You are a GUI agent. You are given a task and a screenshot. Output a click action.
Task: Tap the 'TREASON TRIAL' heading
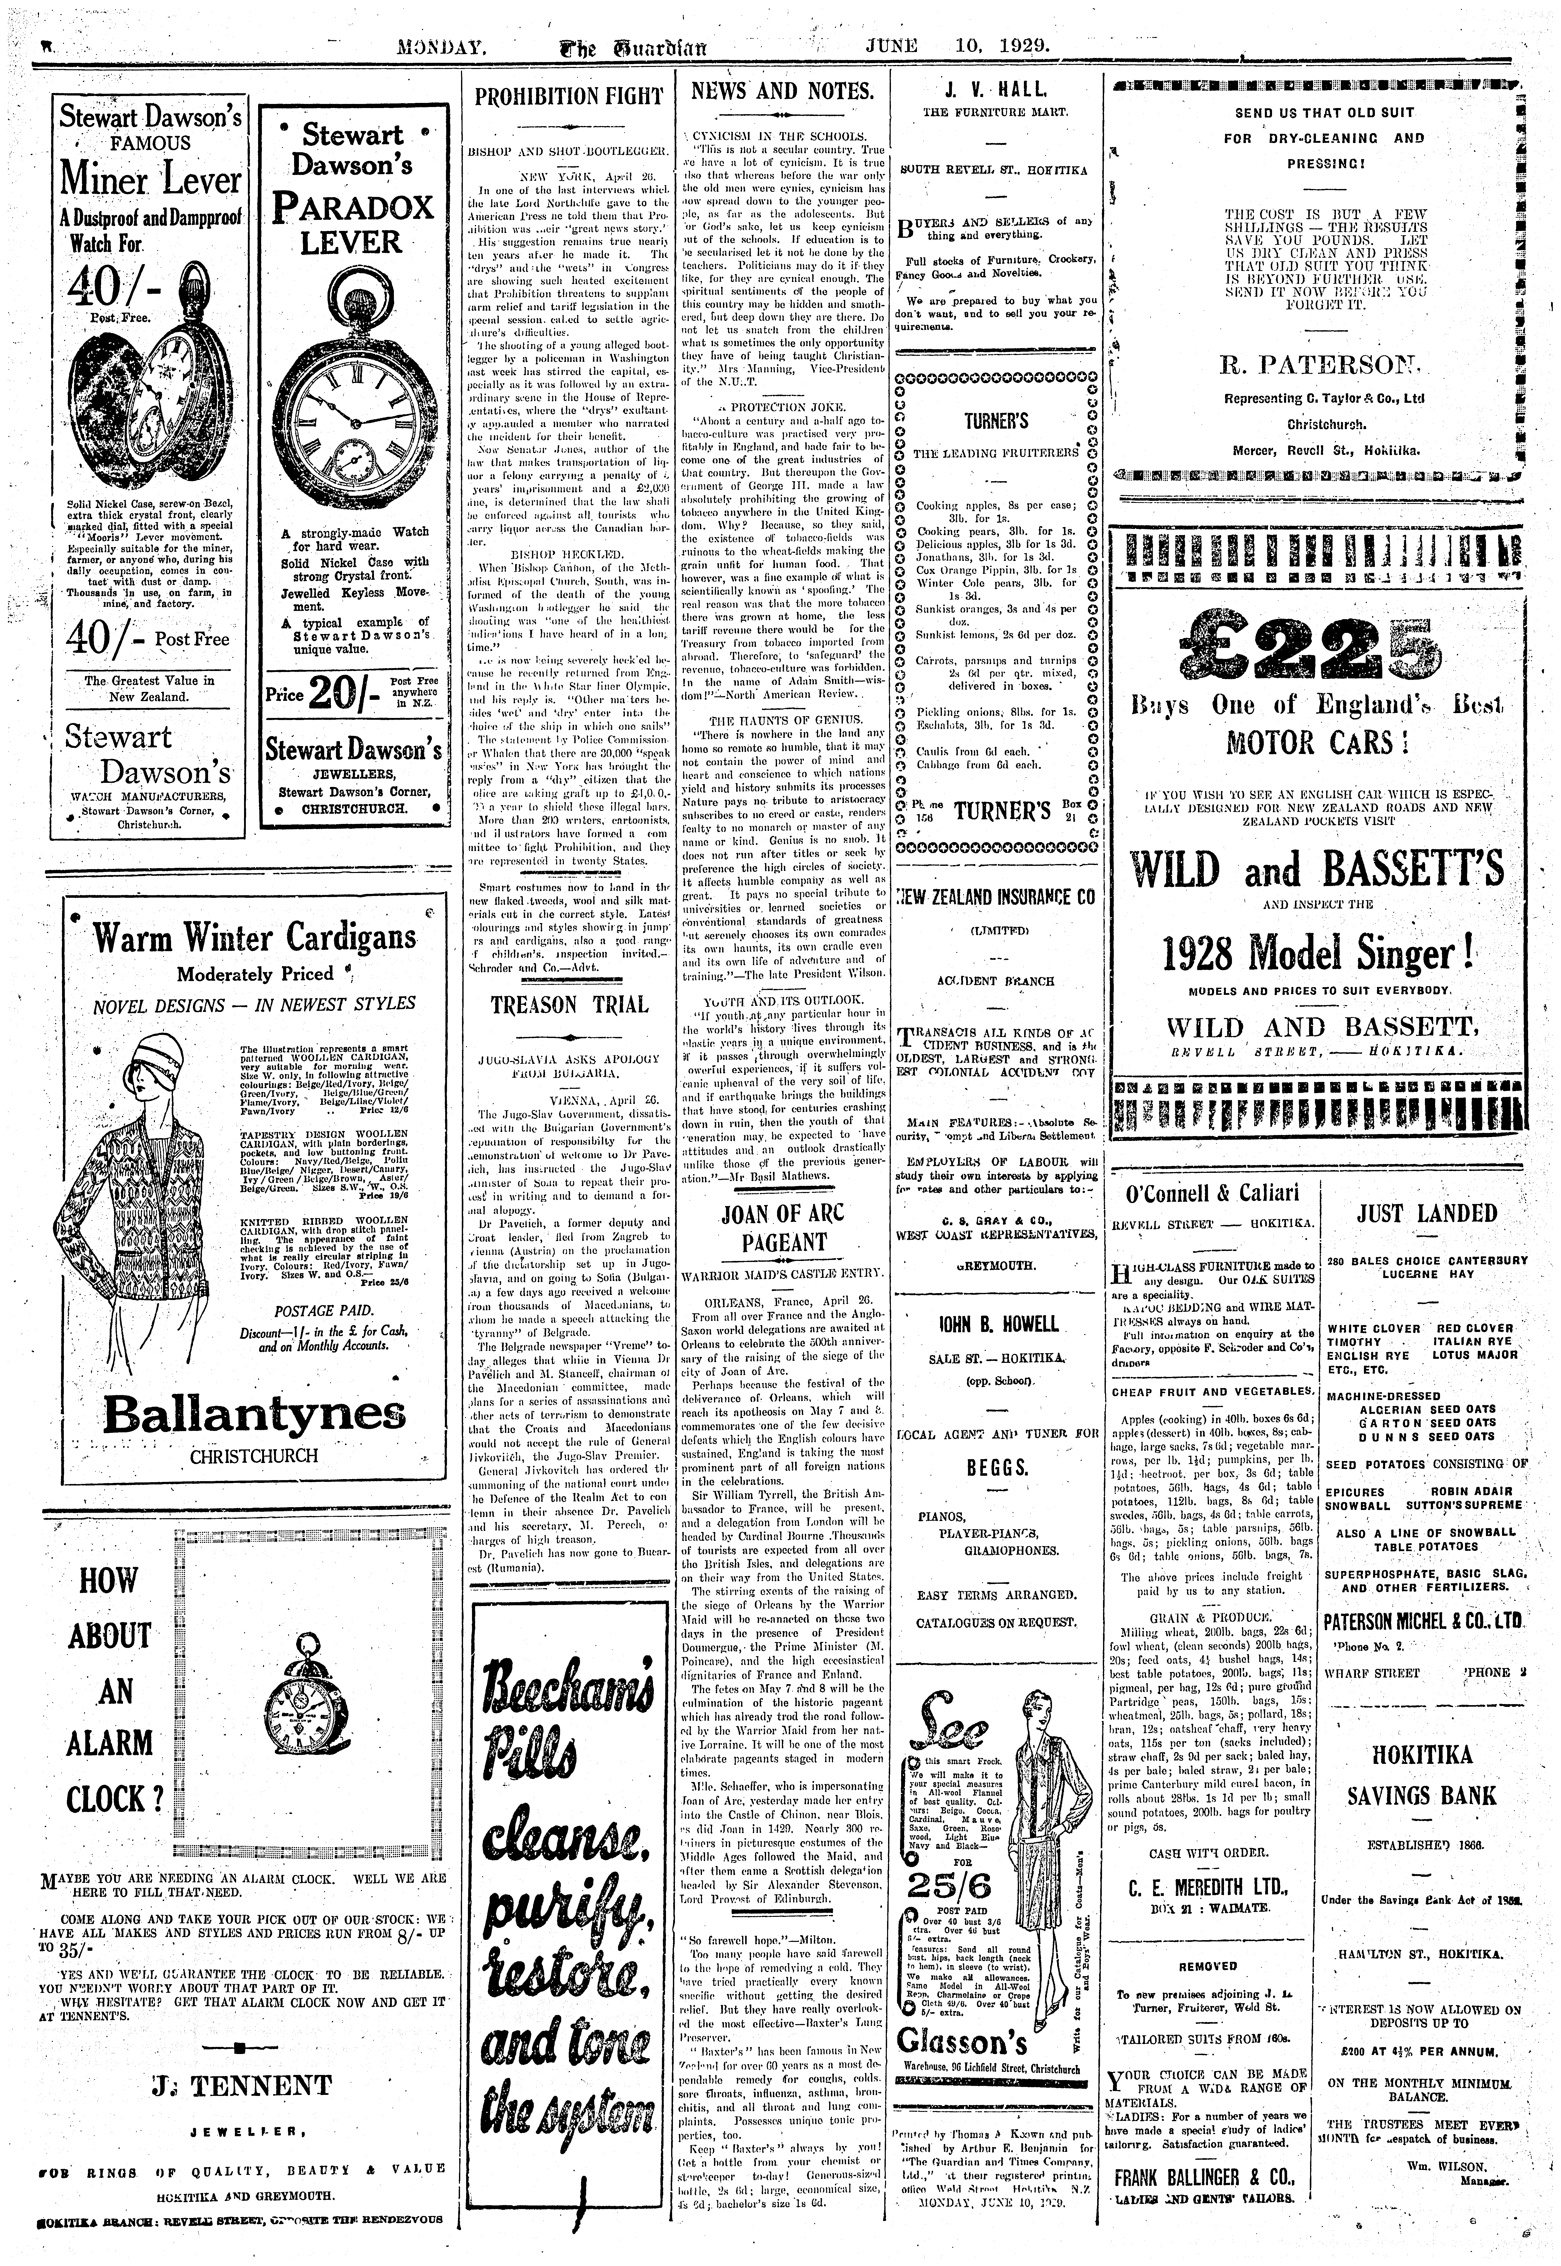[568, 1005]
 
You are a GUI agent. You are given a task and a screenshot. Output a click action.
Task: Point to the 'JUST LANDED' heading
[1427, 1213]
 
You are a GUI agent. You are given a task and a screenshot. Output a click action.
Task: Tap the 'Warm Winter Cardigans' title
[254, 938]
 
